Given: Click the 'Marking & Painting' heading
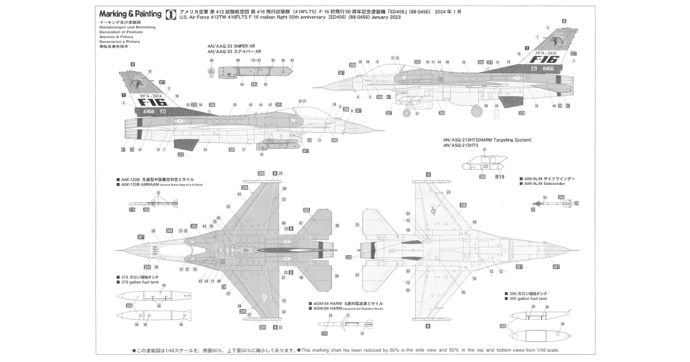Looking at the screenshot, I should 130,14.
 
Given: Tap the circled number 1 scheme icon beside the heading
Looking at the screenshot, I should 170,14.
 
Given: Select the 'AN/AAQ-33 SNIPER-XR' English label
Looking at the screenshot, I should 231,46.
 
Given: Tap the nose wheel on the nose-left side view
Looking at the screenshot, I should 407,113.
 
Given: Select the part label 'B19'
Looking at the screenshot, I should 499,177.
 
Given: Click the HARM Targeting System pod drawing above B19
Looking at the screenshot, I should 484,162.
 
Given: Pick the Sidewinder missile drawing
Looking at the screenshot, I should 554,204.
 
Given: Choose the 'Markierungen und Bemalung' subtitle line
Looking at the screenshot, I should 127,27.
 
